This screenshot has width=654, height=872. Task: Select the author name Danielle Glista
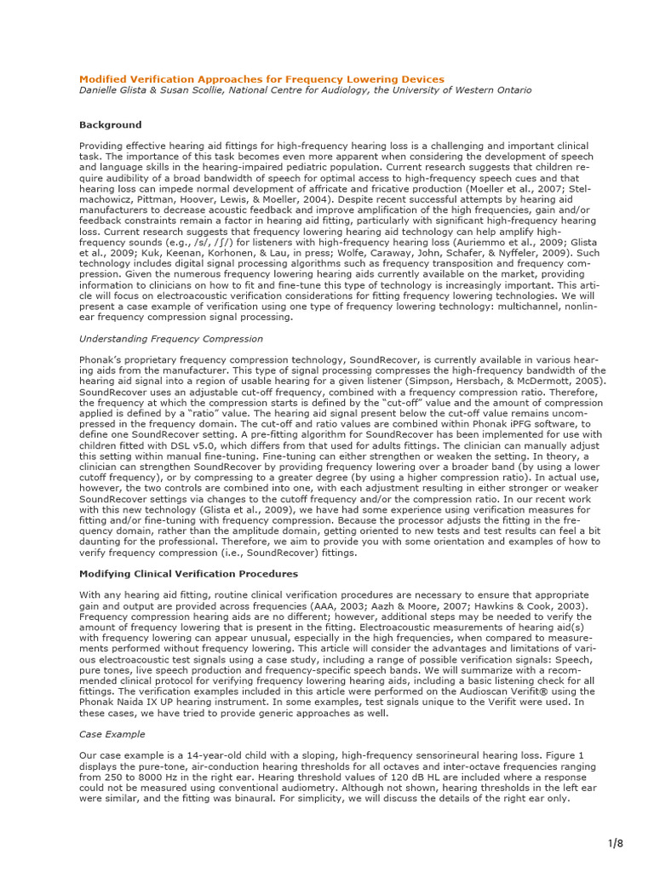(x=116, y=90)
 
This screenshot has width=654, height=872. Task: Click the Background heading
(x=110, y=124)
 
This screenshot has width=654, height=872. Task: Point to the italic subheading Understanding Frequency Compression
(x=170, y=339)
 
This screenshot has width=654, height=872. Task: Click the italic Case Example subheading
(x=112, y=734)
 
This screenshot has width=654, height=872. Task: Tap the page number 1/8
(x=615, y=844)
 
